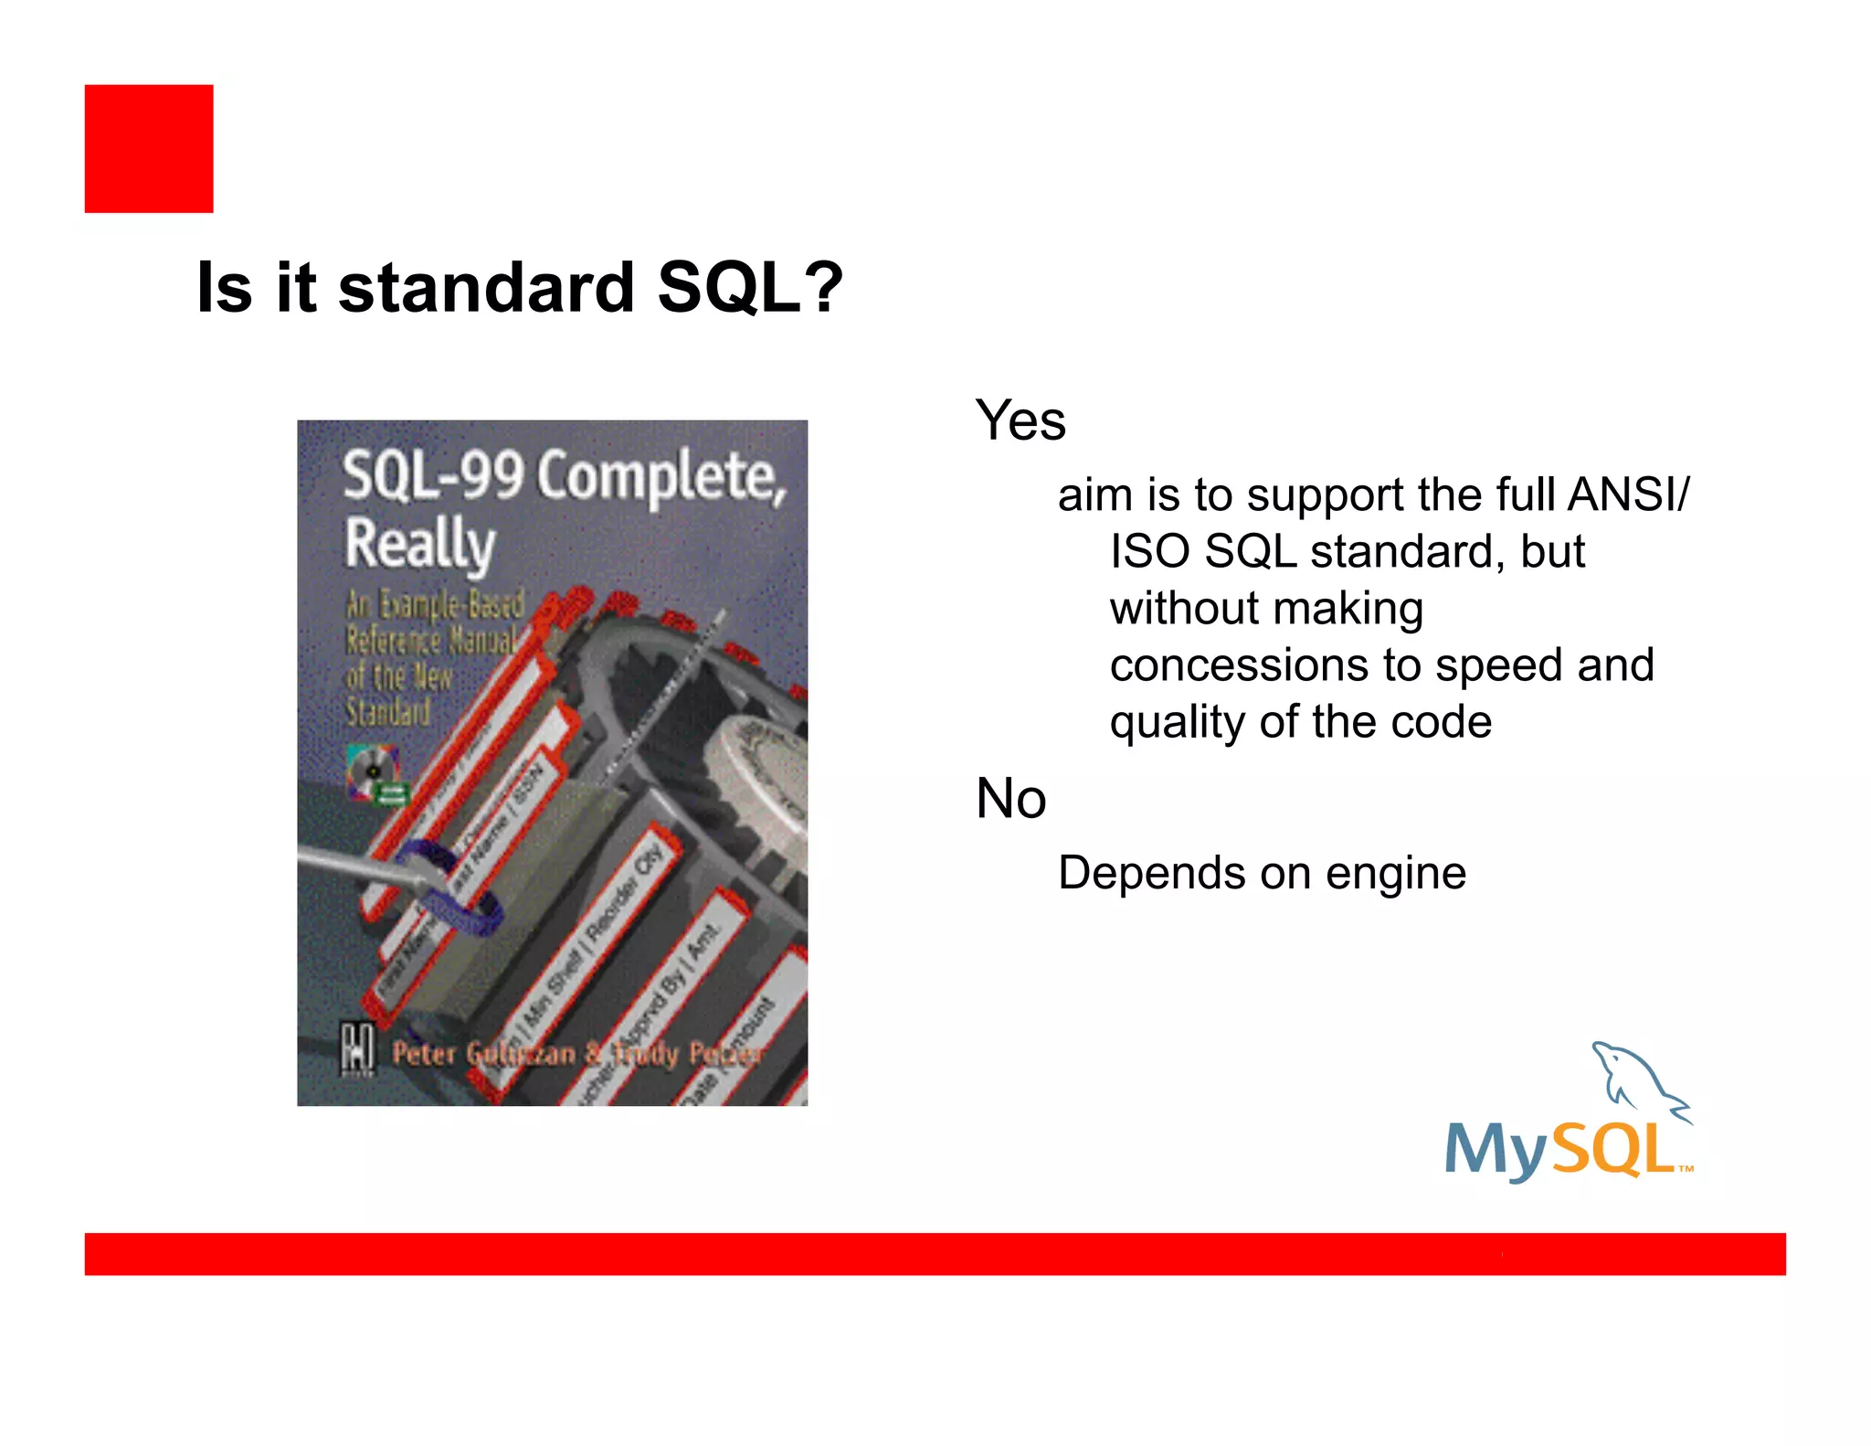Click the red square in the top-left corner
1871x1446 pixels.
click(149, 149)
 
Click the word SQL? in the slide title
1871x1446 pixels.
click(749, 288)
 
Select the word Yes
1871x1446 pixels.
click(1020, 421)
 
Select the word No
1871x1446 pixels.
click(1010, 799)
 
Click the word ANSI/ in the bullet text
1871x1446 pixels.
click(1628, 495)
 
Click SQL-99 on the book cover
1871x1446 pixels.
click(433, 475)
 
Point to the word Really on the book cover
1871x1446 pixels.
click(419, 544)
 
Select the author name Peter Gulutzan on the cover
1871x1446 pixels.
click(484, 1054)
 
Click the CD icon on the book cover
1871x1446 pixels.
click(373, 771)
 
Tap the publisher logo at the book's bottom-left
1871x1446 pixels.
click(357, 1048)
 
